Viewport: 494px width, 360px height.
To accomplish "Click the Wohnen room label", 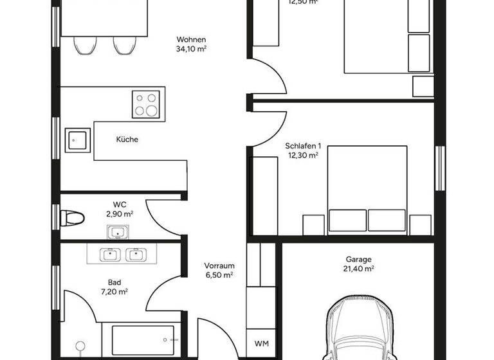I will [191, 38].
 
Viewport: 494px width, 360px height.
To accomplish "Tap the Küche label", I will [127, 139].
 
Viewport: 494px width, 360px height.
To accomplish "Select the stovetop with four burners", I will [145, 104].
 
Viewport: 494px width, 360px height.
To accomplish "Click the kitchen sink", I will [77, 139].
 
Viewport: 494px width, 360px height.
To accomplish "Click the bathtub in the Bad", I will [143, 337].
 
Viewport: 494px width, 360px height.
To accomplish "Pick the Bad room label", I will [114, 282].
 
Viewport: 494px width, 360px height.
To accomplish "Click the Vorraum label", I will [219, 265].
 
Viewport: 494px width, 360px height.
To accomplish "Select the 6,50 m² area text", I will [219, 274].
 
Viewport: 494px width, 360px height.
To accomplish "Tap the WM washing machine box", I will [261, 342].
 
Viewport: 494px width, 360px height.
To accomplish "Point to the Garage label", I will [360, 260].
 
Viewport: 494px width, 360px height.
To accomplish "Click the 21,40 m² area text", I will [360, 269].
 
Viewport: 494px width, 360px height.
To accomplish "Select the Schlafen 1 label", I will [302, 146].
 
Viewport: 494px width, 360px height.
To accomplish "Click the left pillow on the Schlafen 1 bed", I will [347, 220].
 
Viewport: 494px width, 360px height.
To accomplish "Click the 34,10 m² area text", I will [191, 48].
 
